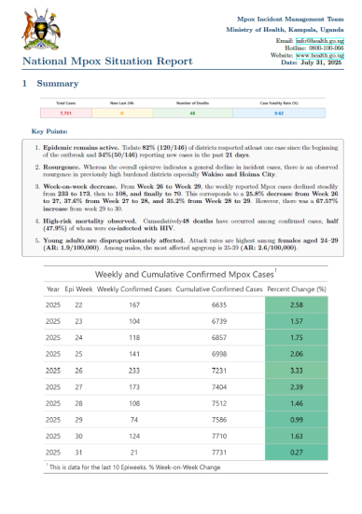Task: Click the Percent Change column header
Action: pyautogui.click(x=297, y=289)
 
